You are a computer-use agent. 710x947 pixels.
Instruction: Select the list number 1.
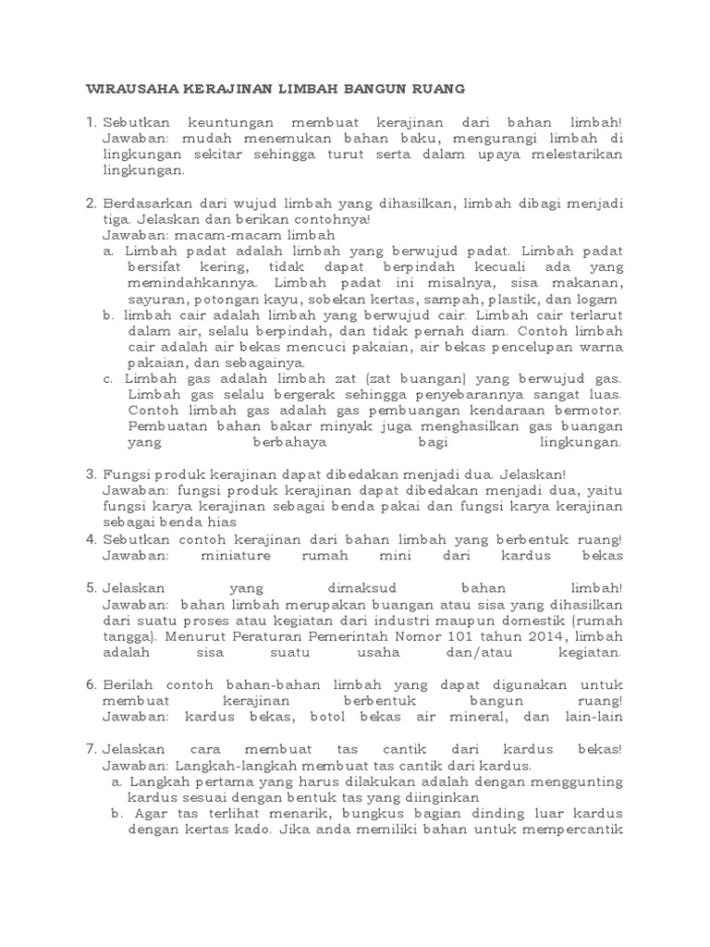[90, 122]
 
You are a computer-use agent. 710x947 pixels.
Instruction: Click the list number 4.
[90, 538]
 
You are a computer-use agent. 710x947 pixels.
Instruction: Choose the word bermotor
[592, 410]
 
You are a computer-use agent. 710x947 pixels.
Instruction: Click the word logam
[602, 300]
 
